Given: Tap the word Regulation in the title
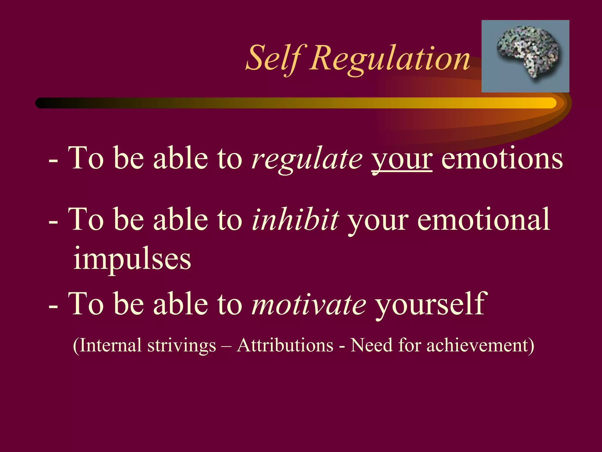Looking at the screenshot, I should pos(390,59).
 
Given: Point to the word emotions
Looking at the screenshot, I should pos(502,159).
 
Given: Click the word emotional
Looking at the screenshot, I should pos(483,220).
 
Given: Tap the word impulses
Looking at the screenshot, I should pos(132,259).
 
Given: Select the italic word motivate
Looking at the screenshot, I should pos(309,304).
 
